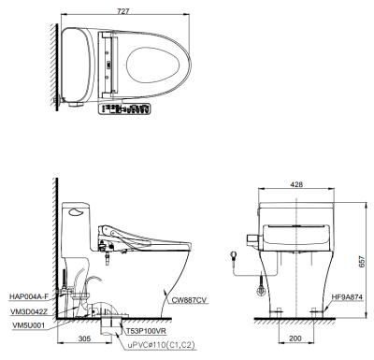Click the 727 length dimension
pos(123,11)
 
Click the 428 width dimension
pos(296,184)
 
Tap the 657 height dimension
pos(361,262)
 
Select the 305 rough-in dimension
pos(84,338)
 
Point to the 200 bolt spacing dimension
pos(295,338)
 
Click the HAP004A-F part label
pos(29,296)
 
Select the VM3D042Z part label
pos(29,311)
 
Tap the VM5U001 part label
pos(29,325)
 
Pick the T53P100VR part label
pos(147,331)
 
